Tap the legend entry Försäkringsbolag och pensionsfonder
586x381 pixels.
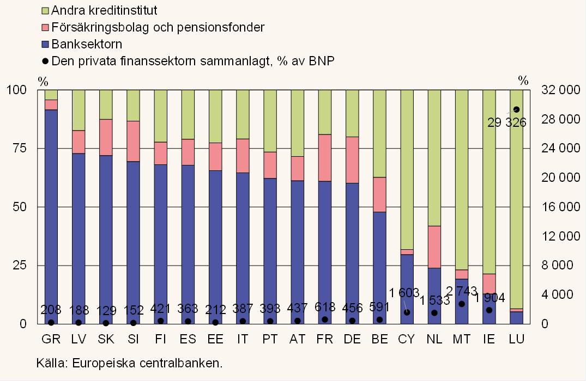click(x=158, y=27)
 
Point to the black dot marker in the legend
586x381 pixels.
click(x=45, y=61)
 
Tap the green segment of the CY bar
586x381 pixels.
click(x=407, y=169)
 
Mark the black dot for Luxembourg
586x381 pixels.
click(x=516, y=109)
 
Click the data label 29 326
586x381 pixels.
click(x=506, y=122)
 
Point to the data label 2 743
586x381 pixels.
click(x=461, y=291)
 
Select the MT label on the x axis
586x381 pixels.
click(x=462, y=339)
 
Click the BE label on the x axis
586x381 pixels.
click(x=379, y=339)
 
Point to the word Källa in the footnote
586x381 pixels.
click(x=50, y=363)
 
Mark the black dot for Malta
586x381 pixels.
click(x=462, y=304)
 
